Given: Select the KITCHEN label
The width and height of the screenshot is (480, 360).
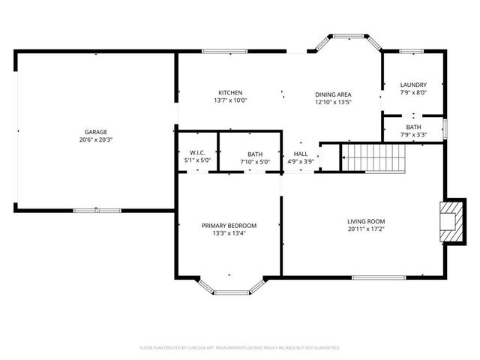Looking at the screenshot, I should [230, 92].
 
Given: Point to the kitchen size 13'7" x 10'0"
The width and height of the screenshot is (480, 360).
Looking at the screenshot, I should [230, 100].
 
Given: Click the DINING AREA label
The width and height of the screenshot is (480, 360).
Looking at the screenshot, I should [333, 94].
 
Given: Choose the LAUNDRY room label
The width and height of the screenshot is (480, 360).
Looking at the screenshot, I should [413, 85].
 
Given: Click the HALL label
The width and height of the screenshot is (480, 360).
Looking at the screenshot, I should [301, 153].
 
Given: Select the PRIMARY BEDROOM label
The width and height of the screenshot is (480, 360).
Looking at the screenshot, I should [229, 226].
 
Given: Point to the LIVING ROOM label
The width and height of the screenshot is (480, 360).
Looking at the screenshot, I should [366, 221].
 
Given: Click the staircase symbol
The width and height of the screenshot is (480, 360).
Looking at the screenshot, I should [373, 157].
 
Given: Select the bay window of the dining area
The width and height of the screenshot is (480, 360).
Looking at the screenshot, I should [349, 39].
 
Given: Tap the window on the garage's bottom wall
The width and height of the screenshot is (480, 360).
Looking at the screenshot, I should [97, 210].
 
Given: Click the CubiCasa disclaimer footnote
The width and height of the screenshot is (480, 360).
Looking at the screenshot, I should [240, 348].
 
